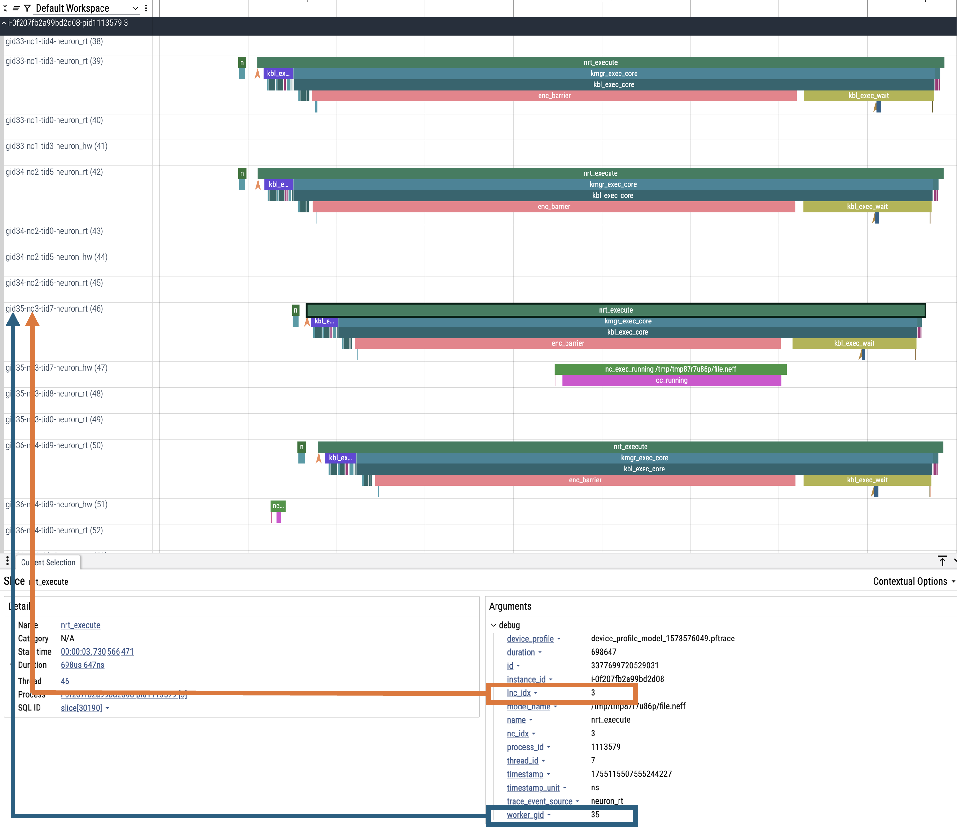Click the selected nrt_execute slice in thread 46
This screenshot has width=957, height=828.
616,310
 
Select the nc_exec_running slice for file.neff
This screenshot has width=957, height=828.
670,369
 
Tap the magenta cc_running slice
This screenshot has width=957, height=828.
671,380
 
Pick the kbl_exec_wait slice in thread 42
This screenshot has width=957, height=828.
867,207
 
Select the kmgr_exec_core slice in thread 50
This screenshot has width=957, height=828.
644,458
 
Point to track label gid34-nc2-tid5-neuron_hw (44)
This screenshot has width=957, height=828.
56,257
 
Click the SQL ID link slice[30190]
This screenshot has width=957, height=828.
81,708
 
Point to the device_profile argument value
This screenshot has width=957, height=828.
662,639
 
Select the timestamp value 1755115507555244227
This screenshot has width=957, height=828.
631,774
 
